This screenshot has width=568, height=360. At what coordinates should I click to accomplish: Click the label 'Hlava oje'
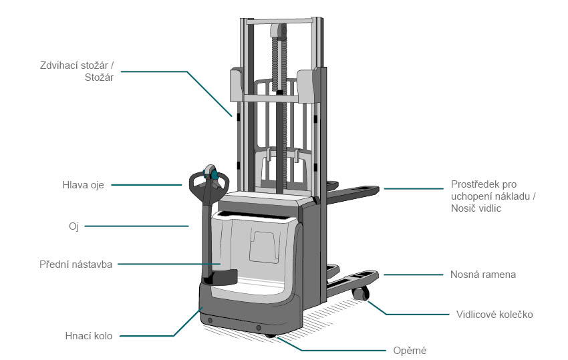tap(83, 185)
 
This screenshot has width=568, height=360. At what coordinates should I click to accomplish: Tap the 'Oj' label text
tap(74, 226)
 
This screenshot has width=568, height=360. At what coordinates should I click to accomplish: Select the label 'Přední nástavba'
tap(76, 264)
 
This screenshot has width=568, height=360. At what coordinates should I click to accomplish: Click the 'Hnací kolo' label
tap(89, 336)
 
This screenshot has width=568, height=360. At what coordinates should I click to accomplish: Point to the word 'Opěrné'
tap(410, 351)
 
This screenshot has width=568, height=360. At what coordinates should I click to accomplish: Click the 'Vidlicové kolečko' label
tap(494, 315)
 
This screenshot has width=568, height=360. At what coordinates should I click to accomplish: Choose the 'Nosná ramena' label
tap(483, 275)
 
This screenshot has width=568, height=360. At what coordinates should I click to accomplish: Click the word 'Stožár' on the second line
tap(100, 77)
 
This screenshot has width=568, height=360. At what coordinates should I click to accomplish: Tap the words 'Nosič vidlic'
tap(476, 208)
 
